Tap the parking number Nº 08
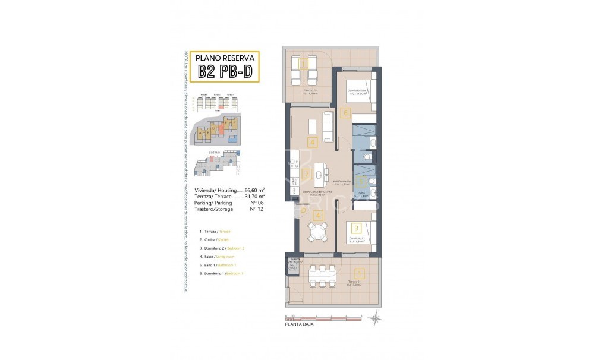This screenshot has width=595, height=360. tap(256, 203)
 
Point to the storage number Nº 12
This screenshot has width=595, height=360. tap(256, 209)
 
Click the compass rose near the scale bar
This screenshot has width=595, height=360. tap(374, 319)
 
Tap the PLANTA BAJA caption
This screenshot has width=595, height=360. tap(299, 324)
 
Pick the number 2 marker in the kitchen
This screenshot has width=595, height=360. tap(306, 174)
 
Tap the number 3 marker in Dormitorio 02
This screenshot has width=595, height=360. tap(356, 228)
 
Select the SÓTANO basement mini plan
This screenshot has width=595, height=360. tap(216, 163)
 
